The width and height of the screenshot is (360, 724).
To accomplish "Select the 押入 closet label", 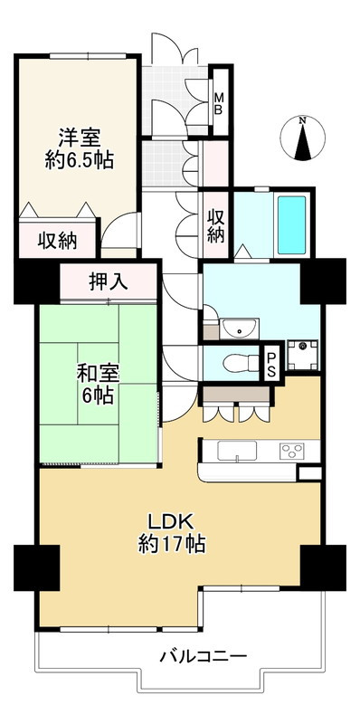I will pos(108,281).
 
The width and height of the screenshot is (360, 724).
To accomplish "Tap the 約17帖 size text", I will pos(171,545).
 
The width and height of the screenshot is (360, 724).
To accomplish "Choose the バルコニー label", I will pos(204,656).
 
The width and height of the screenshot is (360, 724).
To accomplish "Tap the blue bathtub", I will pos(291,224).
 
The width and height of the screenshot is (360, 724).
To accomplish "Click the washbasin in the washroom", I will pos(241,328).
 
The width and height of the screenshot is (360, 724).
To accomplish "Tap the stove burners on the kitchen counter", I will pos(292,449).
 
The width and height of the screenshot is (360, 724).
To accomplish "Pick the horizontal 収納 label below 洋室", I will pos(56,241).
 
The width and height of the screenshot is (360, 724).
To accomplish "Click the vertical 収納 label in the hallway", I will pos(215,225).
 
